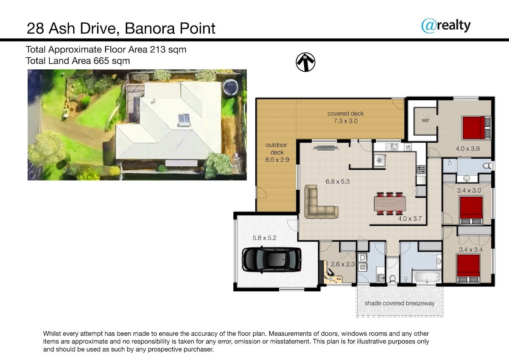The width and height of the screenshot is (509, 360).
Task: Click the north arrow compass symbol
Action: [x=305, y=62]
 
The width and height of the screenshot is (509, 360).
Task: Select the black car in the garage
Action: [x=271, y=259]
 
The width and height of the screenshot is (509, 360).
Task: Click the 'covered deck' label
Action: [x=345, y=113]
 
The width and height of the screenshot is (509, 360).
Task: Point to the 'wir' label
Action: [x=425, y=120]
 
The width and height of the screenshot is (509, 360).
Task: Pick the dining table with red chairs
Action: [x=390, y=203]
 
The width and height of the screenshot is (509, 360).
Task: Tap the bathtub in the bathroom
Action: [x=428, y=277]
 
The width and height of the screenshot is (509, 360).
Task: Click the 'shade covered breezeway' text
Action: [x=400, y=303]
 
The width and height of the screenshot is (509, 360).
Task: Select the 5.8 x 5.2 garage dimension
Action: [x=264, y=238]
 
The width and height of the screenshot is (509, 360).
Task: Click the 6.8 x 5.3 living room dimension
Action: [x=338, y=181]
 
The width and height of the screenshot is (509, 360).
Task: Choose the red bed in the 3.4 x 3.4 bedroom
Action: [x=469, y=269]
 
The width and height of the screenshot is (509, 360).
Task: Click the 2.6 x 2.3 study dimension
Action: [x=343, y=264]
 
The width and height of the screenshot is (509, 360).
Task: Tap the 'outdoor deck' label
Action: [x=277, y=149]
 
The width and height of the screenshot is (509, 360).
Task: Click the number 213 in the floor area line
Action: [x=157, y=49]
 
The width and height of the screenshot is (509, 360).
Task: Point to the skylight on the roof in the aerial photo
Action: [x=184, y=119]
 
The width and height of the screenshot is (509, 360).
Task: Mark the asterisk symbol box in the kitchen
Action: [x=379, y=160]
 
